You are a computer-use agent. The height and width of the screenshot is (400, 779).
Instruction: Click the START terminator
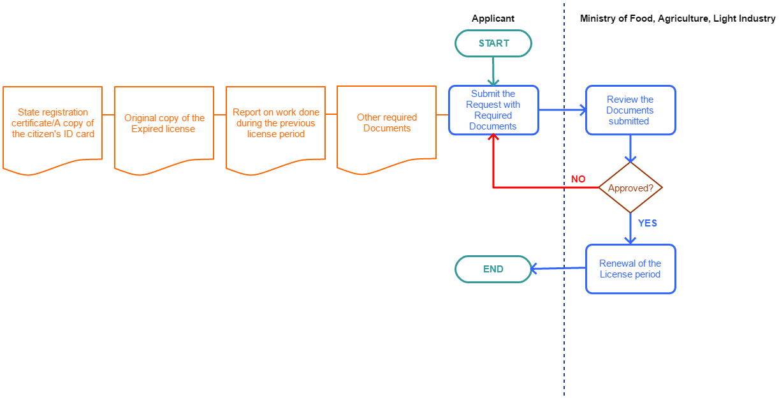tap(493, 43)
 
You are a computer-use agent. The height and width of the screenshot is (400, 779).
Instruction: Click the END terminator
tap(493, 269)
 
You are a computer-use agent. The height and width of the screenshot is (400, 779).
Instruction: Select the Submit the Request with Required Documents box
tap(493, 110)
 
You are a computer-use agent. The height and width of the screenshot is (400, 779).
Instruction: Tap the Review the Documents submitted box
tap(630, 110)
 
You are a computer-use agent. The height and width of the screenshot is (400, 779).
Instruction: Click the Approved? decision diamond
tap(630, 188)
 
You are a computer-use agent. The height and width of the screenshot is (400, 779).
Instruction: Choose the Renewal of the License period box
tap(630, 269)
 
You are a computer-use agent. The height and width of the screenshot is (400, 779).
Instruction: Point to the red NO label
tap(578, 179)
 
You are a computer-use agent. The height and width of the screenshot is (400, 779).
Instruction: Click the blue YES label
tap(647, 223)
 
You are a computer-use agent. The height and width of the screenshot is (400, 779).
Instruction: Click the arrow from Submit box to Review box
tap(562, 110)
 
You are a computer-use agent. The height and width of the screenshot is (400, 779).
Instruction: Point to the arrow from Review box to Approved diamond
tap(630, 149)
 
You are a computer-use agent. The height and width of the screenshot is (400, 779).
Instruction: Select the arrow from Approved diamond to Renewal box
tap(630, 228)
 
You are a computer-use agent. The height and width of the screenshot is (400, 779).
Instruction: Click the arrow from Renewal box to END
tap(558, 269)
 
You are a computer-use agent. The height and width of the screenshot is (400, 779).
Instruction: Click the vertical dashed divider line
tap(564, 319)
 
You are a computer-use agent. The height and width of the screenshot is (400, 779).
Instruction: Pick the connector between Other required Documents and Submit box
tap(442, 115)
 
